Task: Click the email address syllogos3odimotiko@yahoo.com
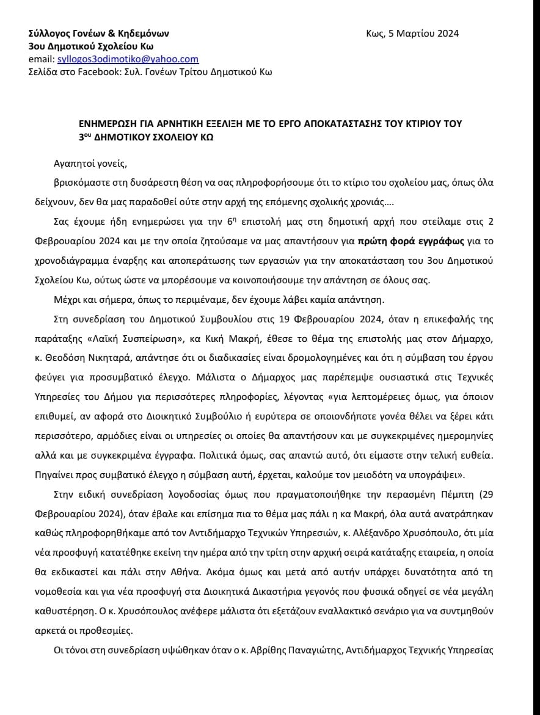pyautogui.click(x=128, y=59)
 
